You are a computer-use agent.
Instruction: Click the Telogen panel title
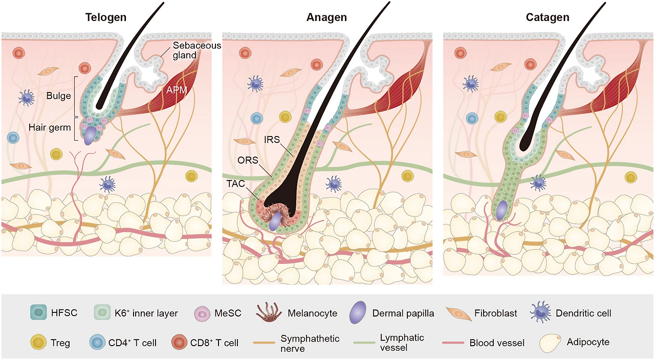coord(106,17)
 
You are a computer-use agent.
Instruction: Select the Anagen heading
coord(326,17)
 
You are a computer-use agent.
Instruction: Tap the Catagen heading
coord(548,17)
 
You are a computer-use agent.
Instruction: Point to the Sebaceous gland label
coord(197,50)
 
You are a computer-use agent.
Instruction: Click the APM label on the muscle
coord(177,90)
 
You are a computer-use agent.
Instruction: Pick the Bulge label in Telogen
coord(58,96)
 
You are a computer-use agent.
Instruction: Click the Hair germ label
coord(50,127)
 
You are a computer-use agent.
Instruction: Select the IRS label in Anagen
coord(272,140)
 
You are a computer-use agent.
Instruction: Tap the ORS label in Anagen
coord(248,160)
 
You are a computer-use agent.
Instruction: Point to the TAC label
coord(236,184)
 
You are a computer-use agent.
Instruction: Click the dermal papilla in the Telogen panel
coord(90,136)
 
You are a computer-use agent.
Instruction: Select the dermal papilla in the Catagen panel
coord(502,210)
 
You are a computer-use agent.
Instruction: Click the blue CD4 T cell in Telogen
coord(13,138)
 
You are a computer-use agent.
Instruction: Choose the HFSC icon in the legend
coord(38,312)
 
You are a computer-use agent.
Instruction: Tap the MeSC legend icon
coord(202,314)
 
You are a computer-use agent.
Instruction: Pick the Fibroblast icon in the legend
coord(458,314)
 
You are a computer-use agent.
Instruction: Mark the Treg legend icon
coord(38,342)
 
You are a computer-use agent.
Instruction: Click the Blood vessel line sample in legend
coord(453,343)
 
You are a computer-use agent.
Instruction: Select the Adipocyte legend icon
coord(550,343)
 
